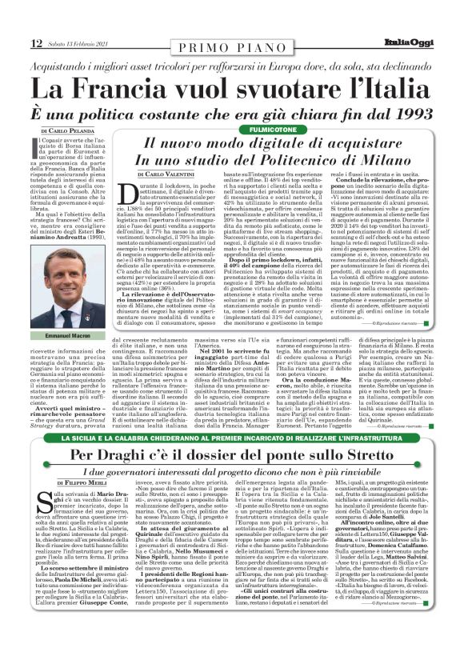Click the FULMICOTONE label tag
tap(274, 128)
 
